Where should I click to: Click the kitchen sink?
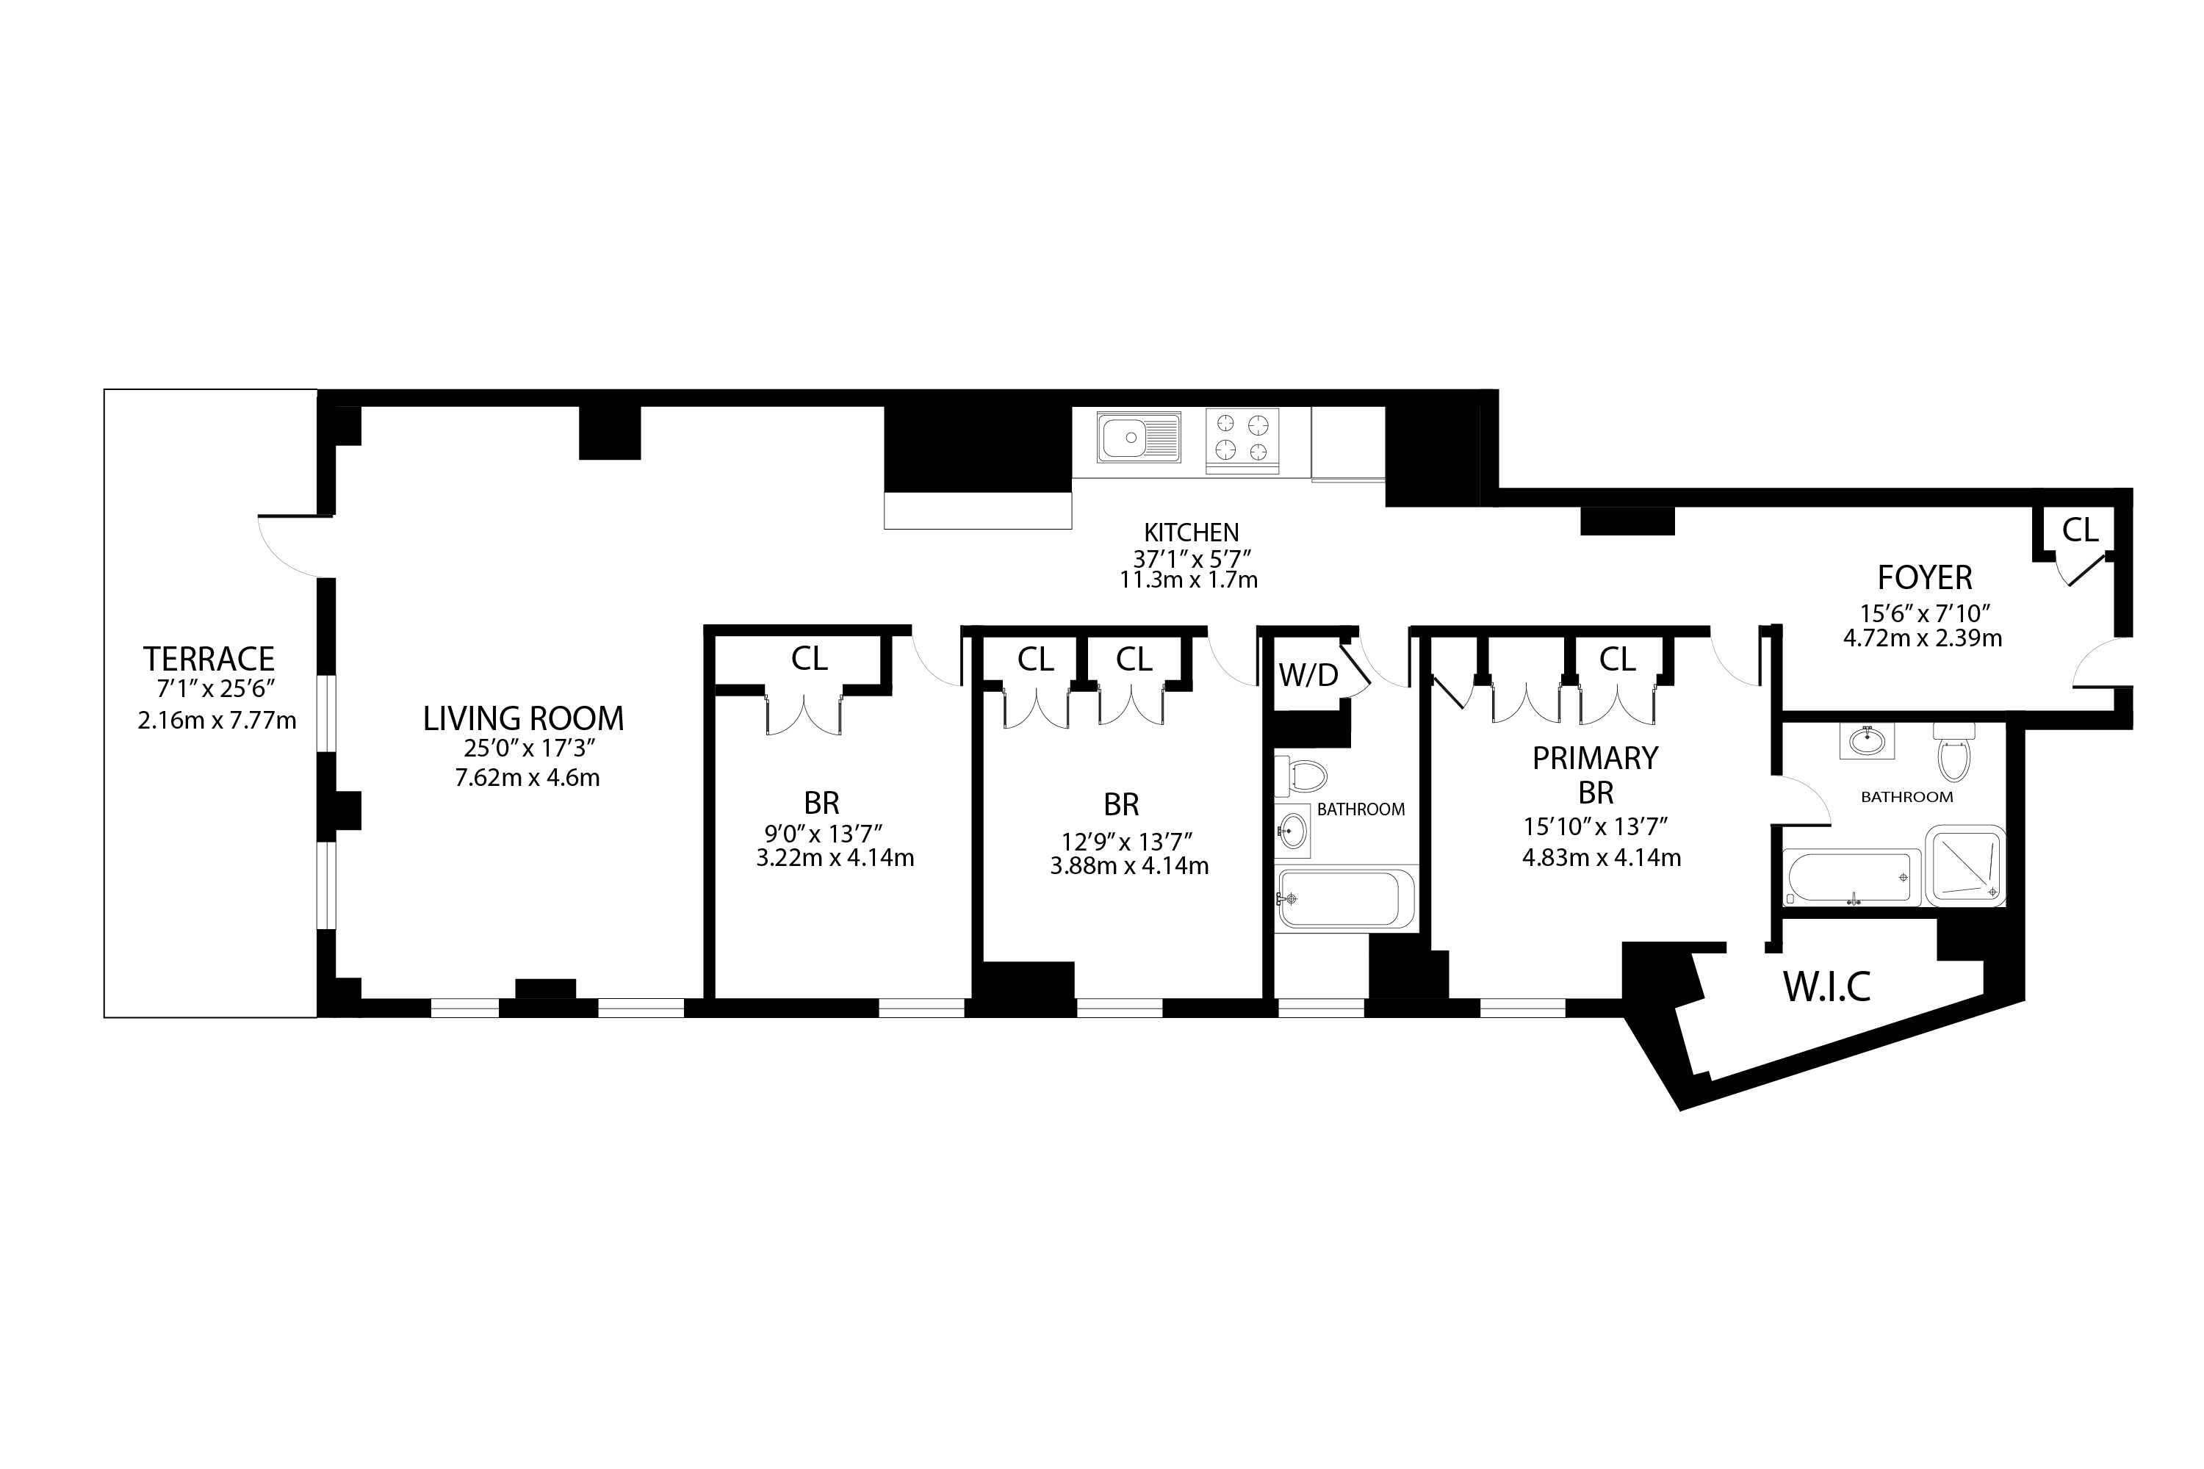click(x=1139, y=438)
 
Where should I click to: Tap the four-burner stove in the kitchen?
click(x=1242, y=438)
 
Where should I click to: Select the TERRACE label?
click(x=208, y=659)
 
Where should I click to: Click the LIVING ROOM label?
click(x=523, y=718)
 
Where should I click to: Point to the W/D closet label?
click(x=1308, y=674)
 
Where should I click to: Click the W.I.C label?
click(x=1826, y=986)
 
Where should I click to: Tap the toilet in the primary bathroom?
click(x=1953, y=754)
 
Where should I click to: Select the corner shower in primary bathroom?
click(x=1963, y=865)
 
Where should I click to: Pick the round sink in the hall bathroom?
click(x=1293, y=830)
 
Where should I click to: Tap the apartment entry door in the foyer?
click(x=2092, y=662)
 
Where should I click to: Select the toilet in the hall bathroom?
click(x=1303, y=776)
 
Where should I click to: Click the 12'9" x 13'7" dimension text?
click(x=1126, y=840)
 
